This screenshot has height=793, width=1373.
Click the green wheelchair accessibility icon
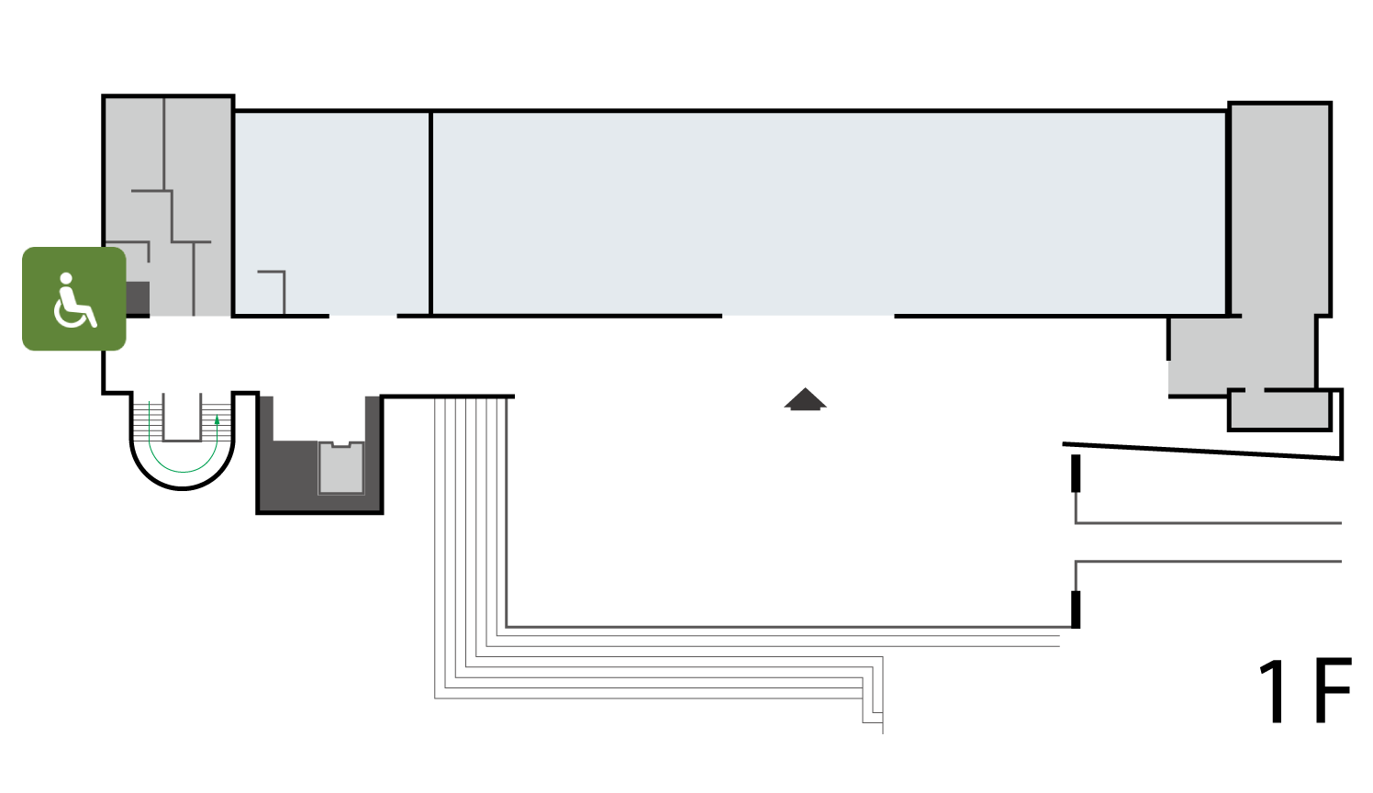(x=74, y=298)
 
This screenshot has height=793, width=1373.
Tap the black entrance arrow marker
(x=806, y=399)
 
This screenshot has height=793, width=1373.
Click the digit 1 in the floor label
(x=1274, y=691)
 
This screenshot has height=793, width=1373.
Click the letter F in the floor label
(x=1333, y=690)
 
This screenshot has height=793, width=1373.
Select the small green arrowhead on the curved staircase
(x=217, y=419)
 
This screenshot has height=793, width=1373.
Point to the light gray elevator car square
(x=340, y=467)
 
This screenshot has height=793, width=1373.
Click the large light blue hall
(x=830, y=213)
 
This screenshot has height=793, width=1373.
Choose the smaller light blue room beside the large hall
(x=332, y=213)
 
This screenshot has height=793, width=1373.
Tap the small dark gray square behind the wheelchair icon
(x=138, y=298)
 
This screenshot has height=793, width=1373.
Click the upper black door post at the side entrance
(x=1076, y=473)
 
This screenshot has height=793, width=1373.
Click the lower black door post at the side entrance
(x=1076, y=609)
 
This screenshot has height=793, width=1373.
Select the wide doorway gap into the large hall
(x=808, y=316)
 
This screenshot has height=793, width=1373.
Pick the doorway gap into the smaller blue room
(x=363, y=316)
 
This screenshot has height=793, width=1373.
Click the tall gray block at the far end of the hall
(x=1279, y=209)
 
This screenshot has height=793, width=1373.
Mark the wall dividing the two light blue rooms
(x=431, y=213)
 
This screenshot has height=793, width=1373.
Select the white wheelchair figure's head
(x=66, y=278)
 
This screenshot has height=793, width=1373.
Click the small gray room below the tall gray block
(x=1279, y=409)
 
